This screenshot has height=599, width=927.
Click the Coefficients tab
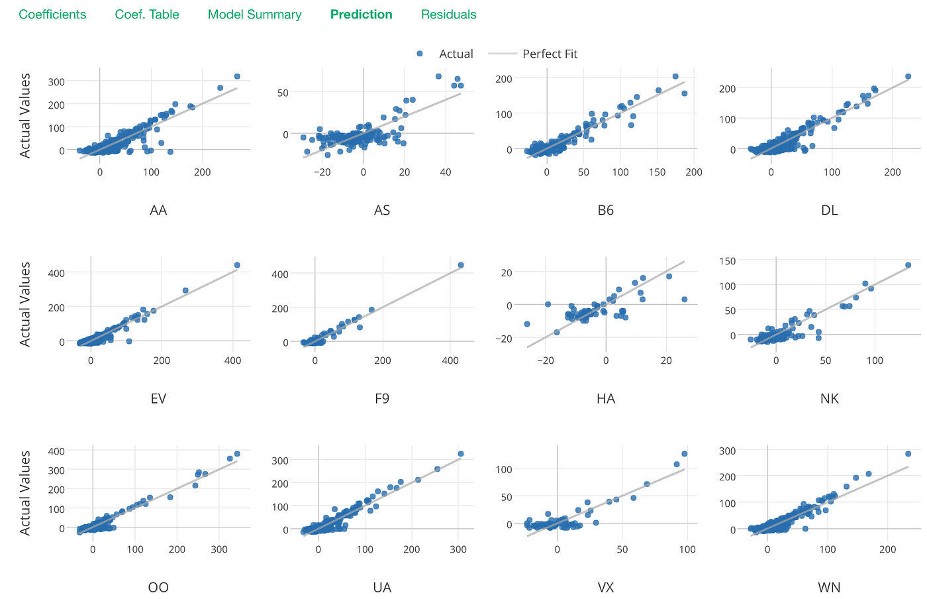52,15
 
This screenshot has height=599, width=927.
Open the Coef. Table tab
147,15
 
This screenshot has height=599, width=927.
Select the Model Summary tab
254,15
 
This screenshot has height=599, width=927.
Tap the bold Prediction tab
361,15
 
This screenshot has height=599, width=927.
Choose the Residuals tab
448,15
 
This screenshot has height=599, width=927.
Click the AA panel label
158,210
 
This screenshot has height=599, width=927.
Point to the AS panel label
382,210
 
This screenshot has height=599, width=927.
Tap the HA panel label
605,398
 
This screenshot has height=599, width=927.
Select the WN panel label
829,587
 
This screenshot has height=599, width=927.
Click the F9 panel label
382,398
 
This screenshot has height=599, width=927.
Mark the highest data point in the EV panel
237,265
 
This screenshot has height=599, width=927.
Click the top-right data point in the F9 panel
461,265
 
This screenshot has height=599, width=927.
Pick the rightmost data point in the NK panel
908,265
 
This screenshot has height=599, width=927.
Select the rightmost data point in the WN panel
908,454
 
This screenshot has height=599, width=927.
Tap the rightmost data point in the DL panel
908,76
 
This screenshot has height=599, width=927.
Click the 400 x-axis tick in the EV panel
233,360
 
